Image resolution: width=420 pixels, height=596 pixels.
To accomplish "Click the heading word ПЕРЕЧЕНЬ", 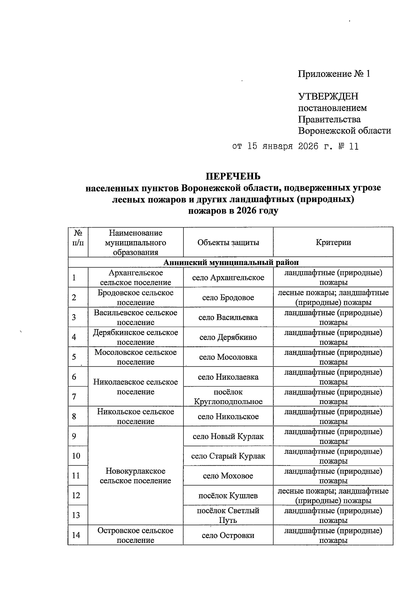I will (x=233, y=176).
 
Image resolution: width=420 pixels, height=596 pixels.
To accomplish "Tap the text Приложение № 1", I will (x=334, y=74).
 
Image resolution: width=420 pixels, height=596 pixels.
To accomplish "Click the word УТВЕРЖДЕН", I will (x=328, y=96).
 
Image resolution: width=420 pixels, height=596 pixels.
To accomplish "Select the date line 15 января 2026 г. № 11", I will (x=296, y=146).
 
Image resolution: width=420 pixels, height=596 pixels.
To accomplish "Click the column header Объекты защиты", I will (x=228, y=243).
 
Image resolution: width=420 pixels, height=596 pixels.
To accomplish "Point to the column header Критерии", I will (x=333, y=243).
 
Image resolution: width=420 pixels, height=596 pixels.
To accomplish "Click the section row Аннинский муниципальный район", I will (x=231, y=262).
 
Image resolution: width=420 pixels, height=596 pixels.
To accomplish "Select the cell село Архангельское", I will (x=228, y=278).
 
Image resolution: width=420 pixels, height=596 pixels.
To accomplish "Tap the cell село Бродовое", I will (x=228, y=297).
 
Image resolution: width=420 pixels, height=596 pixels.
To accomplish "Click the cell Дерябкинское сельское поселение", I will (x=135, y=337).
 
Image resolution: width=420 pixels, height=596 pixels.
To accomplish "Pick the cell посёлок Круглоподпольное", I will (x=228, y=396).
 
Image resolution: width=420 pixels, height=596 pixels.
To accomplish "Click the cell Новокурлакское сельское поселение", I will (x=135, y=476).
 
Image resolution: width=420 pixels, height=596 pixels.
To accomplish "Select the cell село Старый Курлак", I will (x=228, y=456).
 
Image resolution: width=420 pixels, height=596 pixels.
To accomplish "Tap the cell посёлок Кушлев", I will (x=228, y=495).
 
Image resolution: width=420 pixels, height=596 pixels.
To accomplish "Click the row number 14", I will (x=76, y=535).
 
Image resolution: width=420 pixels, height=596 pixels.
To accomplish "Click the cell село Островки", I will (x=228, y=535).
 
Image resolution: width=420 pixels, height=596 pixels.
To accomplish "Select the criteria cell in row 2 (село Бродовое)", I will (x=333, y=297).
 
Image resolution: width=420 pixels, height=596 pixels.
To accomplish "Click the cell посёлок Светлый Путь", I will (x=228, y=515).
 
